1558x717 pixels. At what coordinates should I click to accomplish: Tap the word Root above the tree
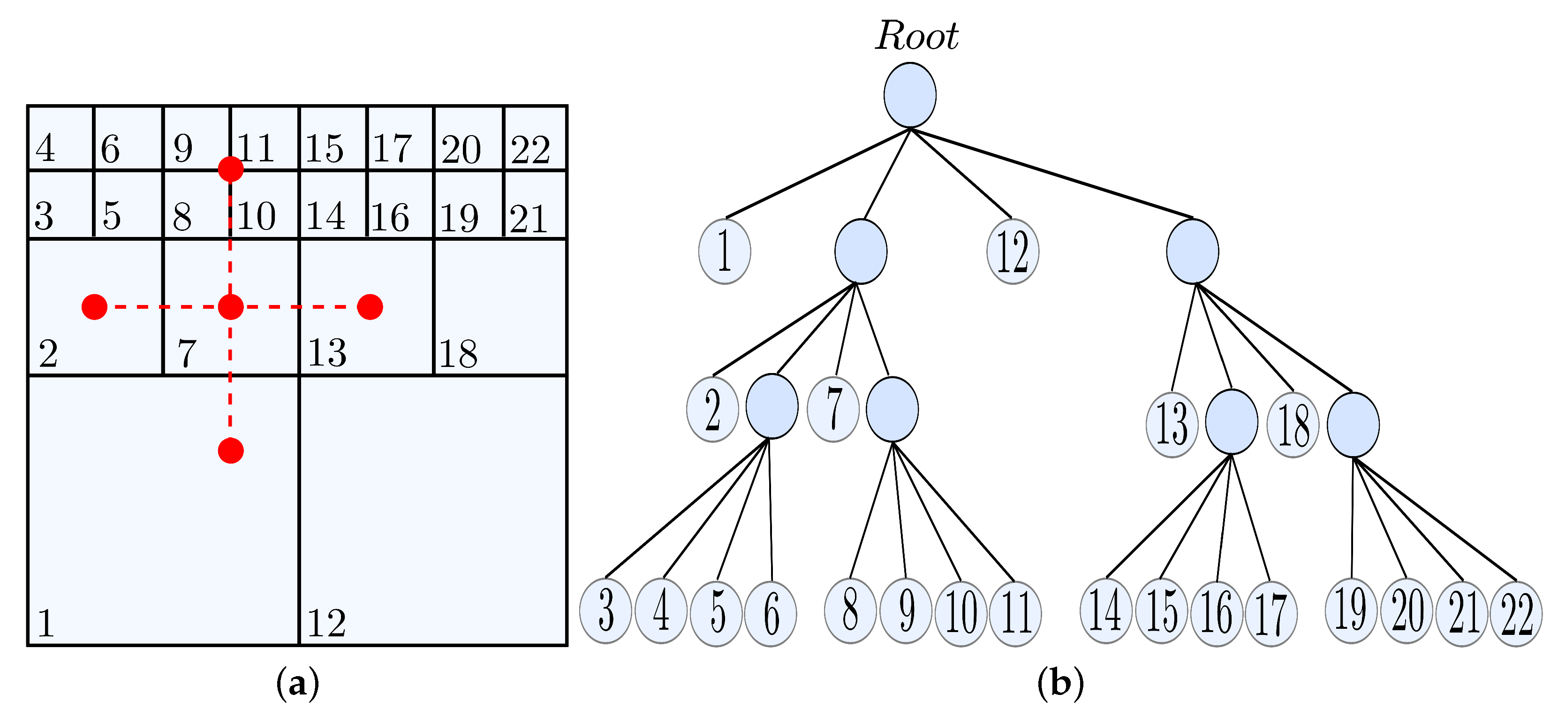point(917,36)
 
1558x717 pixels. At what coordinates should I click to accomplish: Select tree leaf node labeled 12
point(1013,252)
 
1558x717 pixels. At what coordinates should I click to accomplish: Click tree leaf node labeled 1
point(725,252)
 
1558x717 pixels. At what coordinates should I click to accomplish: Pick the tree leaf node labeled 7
point(833,409)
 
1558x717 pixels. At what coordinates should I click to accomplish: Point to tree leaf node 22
point(1516,614)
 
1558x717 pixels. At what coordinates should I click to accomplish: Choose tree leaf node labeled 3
point(605,611)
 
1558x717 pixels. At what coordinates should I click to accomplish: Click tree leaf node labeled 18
point(1293,425)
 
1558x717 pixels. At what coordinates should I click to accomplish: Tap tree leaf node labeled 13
point(1172,425)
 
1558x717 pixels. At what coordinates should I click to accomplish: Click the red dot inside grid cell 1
point(230,451)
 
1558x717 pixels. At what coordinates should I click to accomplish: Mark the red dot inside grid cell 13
point(370,307)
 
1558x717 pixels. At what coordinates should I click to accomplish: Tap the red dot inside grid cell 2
point(94,307)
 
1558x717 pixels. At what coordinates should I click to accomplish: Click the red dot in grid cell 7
point(230,307)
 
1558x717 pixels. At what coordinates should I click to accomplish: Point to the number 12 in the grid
point(326,623)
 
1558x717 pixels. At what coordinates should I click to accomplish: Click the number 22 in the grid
point(530,149)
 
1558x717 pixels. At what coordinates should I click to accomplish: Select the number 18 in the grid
point(458,354)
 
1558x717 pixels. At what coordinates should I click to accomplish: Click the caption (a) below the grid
point(297,684)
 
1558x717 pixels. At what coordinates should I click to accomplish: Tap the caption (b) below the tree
point(1060,684)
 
